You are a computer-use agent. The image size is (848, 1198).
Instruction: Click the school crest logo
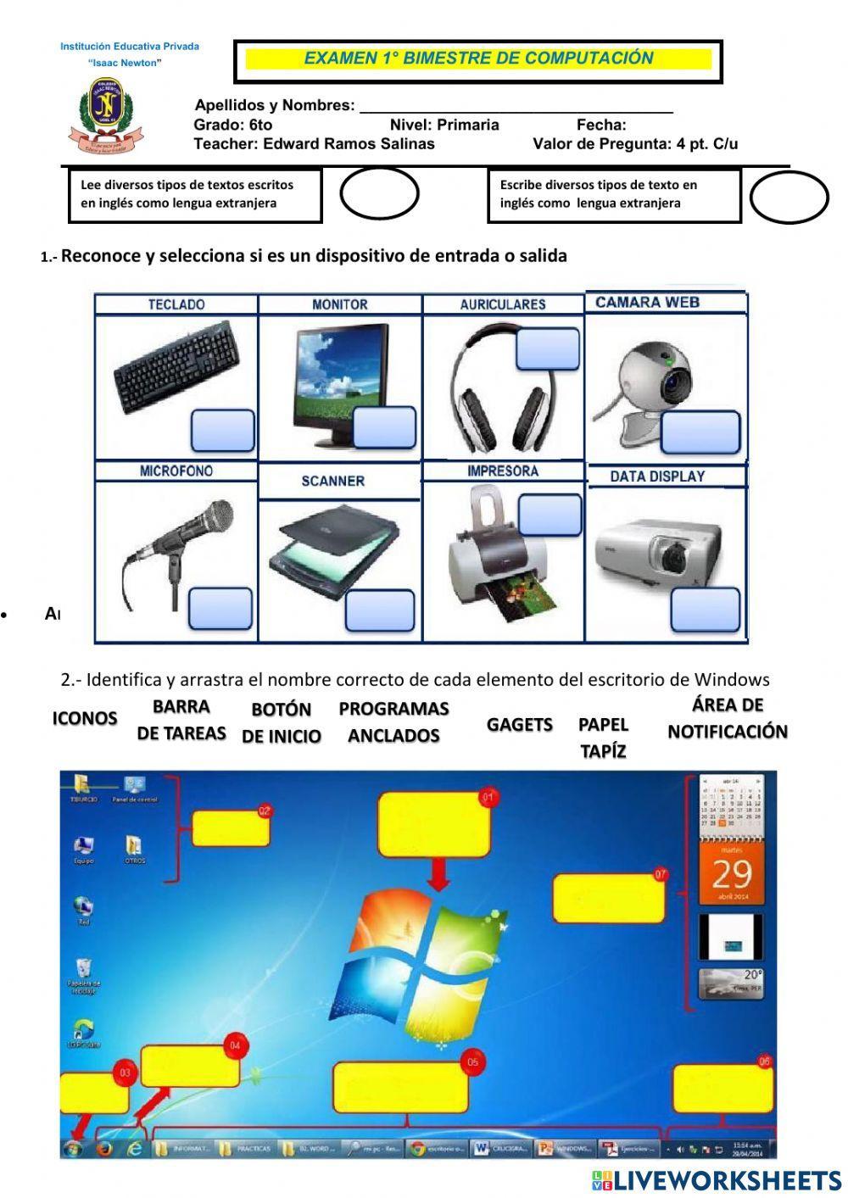pyautogui.click(x=107, y=114)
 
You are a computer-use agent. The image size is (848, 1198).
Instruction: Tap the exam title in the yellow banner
pyautogui.click(x=478, y=59)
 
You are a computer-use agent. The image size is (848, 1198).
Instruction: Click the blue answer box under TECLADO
pyautogui.click(x=223, y=431)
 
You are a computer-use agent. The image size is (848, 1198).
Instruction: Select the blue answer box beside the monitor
pyautogui.click(x=384, y=427)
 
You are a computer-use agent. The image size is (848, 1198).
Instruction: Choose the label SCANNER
pyautogui.click(x=332, y=481)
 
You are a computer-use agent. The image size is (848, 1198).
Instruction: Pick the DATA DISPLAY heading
pyautogui.click(x=657, y=476)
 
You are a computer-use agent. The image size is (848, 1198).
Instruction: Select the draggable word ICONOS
pyautogui.click(x=85, y=718)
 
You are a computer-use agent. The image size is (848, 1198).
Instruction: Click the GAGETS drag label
pyautogui.click(x=520, y=724)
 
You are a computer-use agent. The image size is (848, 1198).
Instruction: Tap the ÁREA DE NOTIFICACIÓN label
pyautogui.click(x=728, y=718)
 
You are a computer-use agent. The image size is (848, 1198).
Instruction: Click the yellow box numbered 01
pyautogui.click(x=434, y=825)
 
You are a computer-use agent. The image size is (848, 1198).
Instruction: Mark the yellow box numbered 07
pyautogui.click(x=608, y=898)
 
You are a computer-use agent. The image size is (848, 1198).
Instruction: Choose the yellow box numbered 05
pyautogui.click(x=400, y=1087)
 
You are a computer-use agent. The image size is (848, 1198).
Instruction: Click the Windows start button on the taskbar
pyautogui.click(x=73, y=1149)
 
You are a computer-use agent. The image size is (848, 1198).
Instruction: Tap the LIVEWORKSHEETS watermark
pyautogui.click(x=717, y=1181)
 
